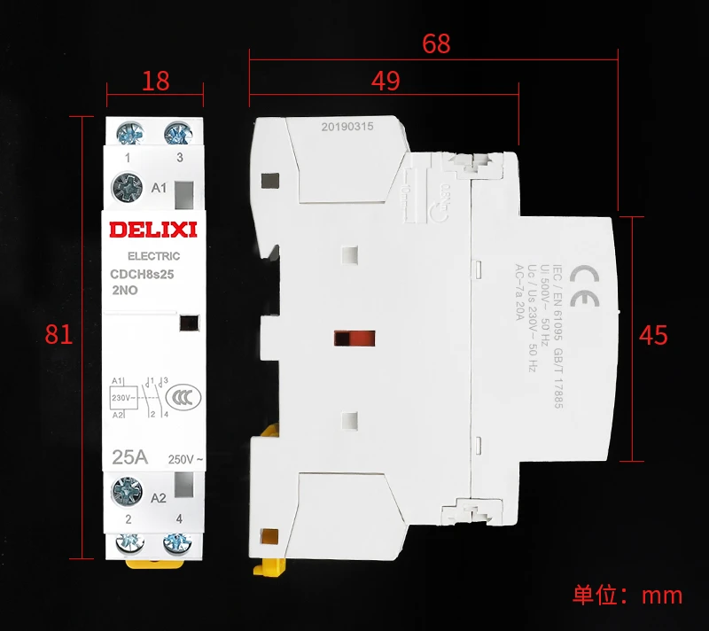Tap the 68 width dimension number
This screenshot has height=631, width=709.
point(436,44)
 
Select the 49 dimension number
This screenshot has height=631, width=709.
point(385,81)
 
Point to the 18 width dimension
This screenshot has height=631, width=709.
point(156,81)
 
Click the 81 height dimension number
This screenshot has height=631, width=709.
point(58,336)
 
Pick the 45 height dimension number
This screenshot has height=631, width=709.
point(653,336)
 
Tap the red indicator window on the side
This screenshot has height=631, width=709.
point(354,338)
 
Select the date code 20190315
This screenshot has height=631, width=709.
point(347,127)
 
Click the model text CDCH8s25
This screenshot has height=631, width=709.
point(142,276)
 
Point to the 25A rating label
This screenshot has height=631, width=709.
point(130,459)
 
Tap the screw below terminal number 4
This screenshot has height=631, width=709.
point(179,542)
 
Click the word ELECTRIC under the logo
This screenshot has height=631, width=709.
point(148,256)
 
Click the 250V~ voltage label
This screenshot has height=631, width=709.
point(185,460)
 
